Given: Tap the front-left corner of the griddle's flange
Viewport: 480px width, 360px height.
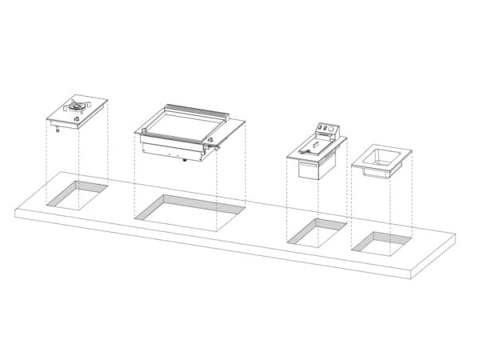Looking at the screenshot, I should tap(136, 132).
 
